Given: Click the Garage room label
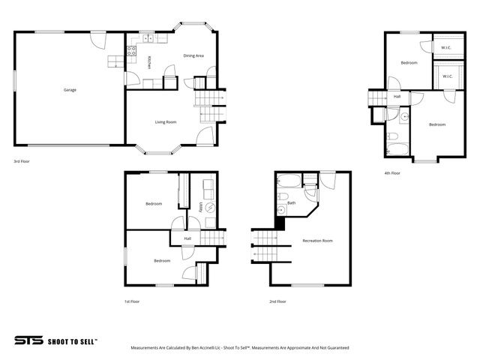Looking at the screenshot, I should pos(69,90).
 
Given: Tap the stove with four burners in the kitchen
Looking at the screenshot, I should pos(131,52).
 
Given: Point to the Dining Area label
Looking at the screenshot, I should pos(194,55).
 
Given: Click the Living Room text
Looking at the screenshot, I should pos(165,121).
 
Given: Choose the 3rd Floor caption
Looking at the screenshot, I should pos(21,160).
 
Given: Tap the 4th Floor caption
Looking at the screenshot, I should pos(391,173).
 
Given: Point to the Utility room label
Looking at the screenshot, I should pos(201,208).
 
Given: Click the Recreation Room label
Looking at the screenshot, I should pos(317,241).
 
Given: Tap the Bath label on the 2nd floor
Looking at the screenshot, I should pos(292,202).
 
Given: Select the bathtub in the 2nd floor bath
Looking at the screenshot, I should pos(289,180).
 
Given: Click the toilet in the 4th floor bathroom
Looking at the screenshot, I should pos(391,136).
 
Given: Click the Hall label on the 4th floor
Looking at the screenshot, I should pos(396,96).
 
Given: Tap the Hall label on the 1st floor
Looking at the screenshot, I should pos(187,238).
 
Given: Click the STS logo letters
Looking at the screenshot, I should pos(28,340).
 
